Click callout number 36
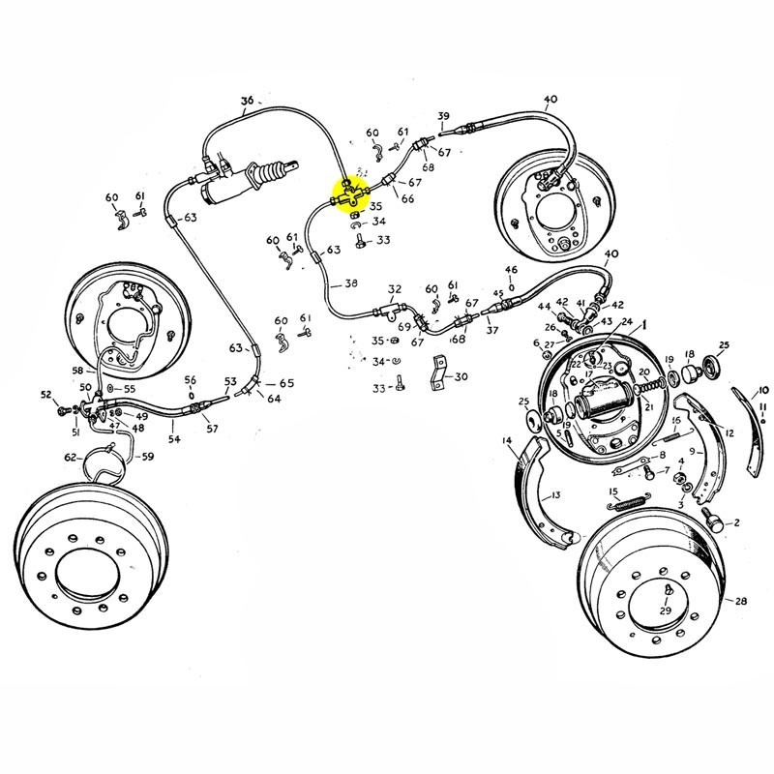[x=247, y=101]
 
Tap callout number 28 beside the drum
[x=741, y=601]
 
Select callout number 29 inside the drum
[x=666, y=611]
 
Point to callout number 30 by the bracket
[x=460, y=376]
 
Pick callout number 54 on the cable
[x=174, y=439]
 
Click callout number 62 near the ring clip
[x=70, y=457]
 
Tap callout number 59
[x=147, y=456]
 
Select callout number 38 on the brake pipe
[x=350, y=284]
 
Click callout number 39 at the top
[x=444, y=116]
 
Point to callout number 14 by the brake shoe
[x=507, y=441]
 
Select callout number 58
[x=78, y=371]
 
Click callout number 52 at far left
[x=45, y=395]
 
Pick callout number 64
[x=274, y=398]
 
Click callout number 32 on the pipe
[x=394, y=289]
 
